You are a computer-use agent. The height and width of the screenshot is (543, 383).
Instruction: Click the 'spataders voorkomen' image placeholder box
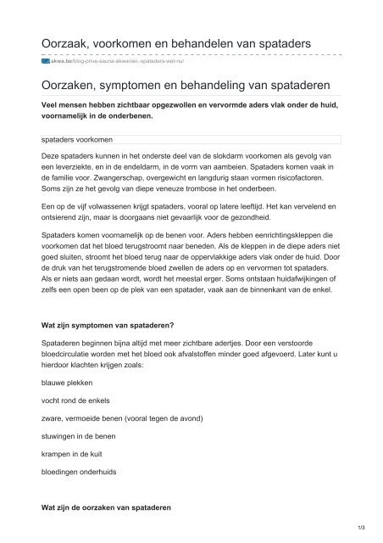click(x=191, y=138)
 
